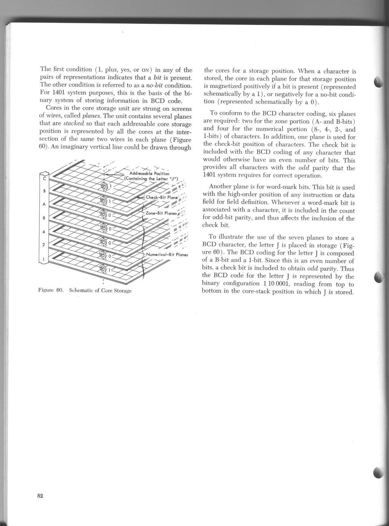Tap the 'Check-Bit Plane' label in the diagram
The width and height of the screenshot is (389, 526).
pyautogui.click(x=161, y=197)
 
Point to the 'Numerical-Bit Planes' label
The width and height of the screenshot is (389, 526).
pyautogui.click(x=167, y=255)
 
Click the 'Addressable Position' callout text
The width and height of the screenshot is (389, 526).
pyautogui.click(x=149, y=174)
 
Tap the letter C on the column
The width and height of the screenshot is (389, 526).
pyautogui.click(x=44, y=179)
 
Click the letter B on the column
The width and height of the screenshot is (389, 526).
pyautogui.click(x=44, y=191)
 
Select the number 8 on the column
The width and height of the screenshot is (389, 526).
pyautogui.click(x=44, y=218)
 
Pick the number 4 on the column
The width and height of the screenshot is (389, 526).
pyautogui.click(x=44, y=232)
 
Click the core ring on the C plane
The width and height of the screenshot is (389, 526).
pyautogui.click(x=104, y=186)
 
